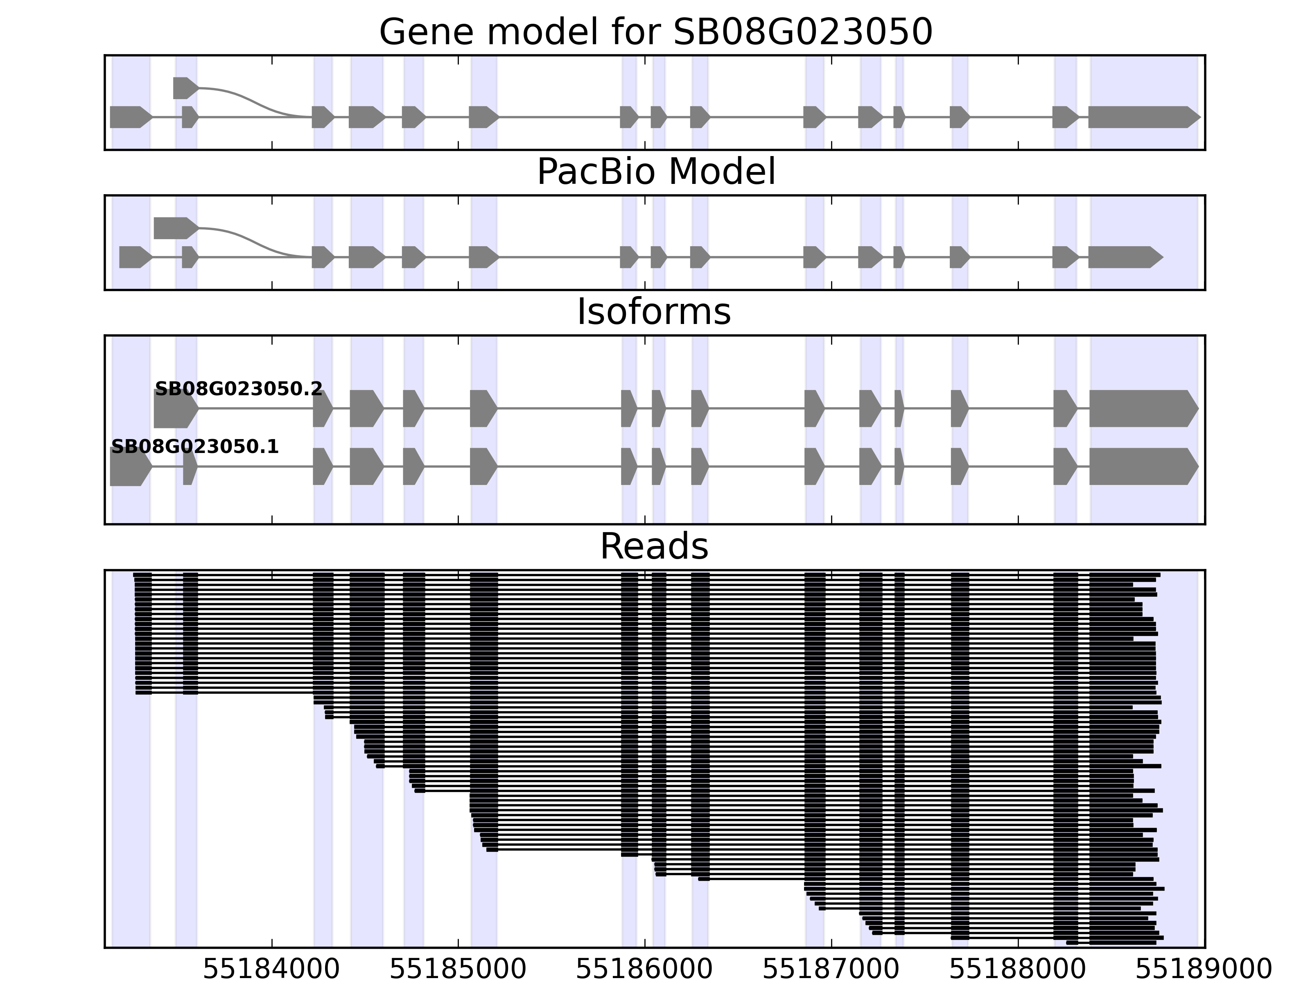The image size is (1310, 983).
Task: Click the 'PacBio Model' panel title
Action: pos(655,172)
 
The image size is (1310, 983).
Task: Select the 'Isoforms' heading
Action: pos(654,312)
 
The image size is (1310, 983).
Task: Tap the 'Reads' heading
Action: pos(654,546)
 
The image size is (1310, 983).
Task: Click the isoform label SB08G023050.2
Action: pos(239,389)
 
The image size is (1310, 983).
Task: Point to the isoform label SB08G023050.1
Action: pos(195,447)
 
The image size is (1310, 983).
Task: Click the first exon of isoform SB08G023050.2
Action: pos(175,409)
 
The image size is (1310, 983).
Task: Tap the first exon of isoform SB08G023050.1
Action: pos(129,467)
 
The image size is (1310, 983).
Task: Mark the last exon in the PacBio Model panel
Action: pos(1123,257)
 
